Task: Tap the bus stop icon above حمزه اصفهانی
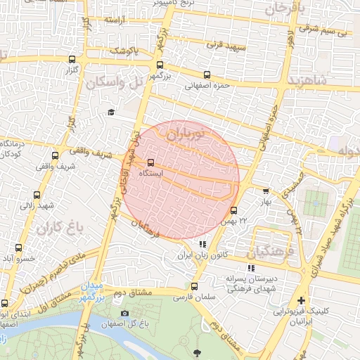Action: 206,75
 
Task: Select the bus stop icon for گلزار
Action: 75,60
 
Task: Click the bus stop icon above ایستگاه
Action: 150,162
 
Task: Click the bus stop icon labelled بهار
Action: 265,191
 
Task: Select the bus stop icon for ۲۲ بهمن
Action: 234,210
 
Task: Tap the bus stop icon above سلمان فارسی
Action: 195,286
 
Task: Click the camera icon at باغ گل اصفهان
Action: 124,313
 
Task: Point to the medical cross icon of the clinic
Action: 301,300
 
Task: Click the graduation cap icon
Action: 111,112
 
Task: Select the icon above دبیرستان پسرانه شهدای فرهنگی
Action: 251,268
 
